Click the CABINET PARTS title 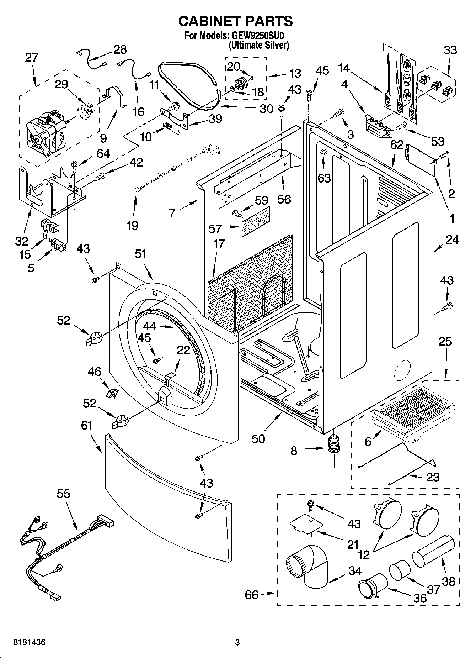(235, 21)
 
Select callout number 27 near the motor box (32, 58)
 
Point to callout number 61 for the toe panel (86, 425)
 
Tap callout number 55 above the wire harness (63, 494)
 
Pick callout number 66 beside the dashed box (252, 595)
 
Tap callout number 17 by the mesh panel (219, 244)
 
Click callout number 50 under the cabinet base (258, 439)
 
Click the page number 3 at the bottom (237, 643)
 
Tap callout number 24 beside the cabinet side (452, 240)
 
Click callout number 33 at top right (450, 50)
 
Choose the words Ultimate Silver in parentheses (258, 45)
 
